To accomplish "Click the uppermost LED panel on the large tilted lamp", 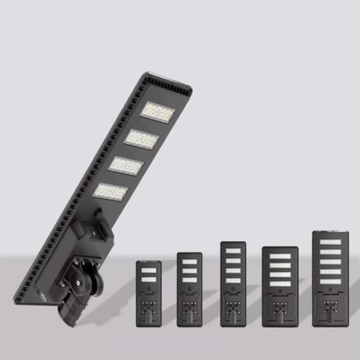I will click(158, 112).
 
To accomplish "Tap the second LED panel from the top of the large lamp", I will click(142, 139).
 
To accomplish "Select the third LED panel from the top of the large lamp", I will click(127, 166).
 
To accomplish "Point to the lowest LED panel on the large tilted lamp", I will click(112, 192).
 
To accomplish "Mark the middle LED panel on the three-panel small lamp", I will click(190, 271).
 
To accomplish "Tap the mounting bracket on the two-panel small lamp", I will click(149, 310).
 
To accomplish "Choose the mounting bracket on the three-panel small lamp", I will click(190, 310).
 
